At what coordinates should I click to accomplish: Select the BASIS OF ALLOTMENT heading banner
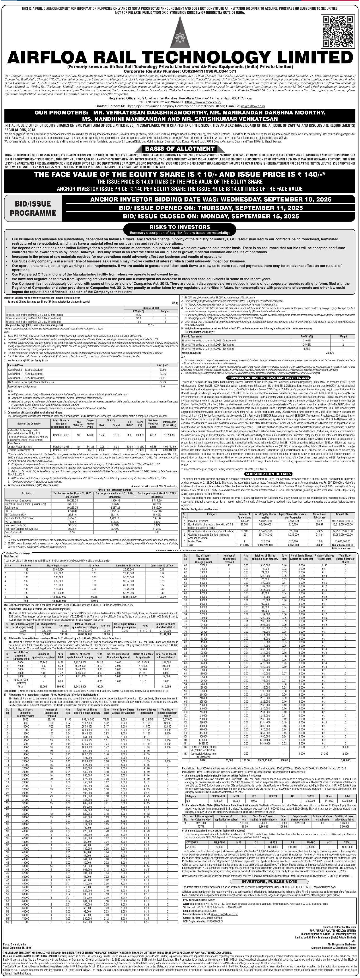180,148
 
